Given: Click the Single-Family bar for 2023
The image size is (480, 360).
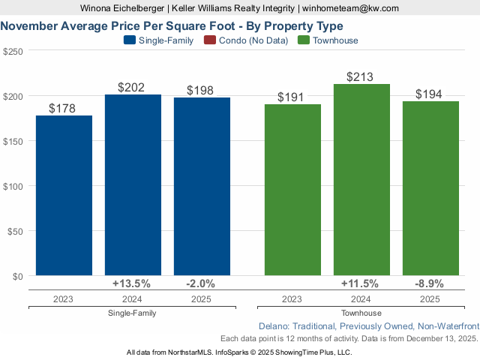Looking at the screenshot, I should pyautogui.click(x=64, y=196).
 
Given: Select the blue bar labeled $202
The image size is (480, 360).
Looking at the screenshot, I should pyautogui.click(x=133, y=185).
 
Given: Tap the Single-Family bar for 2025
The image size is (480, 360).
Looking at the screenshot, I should pyautogui.click(x=202, y=187).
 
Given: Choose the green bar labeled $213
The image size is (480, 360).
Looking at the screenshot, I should pyautogui.click(x=361, y=180).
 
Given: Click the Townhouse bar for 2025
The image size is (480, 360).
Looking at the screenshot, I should pyautogui.click(x=430, y=188).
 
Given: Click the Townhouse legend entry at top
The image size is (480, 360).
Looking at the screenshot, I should pyautogui.click(x=328, y=40).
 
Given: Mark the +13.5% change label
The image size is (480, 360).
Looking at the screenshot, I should pyautogui.click(x=132, y=283).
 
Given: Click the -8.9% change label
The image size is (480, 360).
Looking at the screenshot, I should pyautogui.click(x=430, y=283).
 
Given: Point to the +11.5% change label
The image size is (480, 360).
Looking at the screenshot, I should pyautogui.click(x=361, y=283).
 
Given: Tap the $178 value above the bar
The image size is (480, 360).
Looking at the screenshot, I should pyautogui.click(x=62, y=109).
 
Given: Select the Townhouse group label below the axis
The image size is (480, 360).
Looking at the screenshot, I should pyautogui.click(x=361, y=313).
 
